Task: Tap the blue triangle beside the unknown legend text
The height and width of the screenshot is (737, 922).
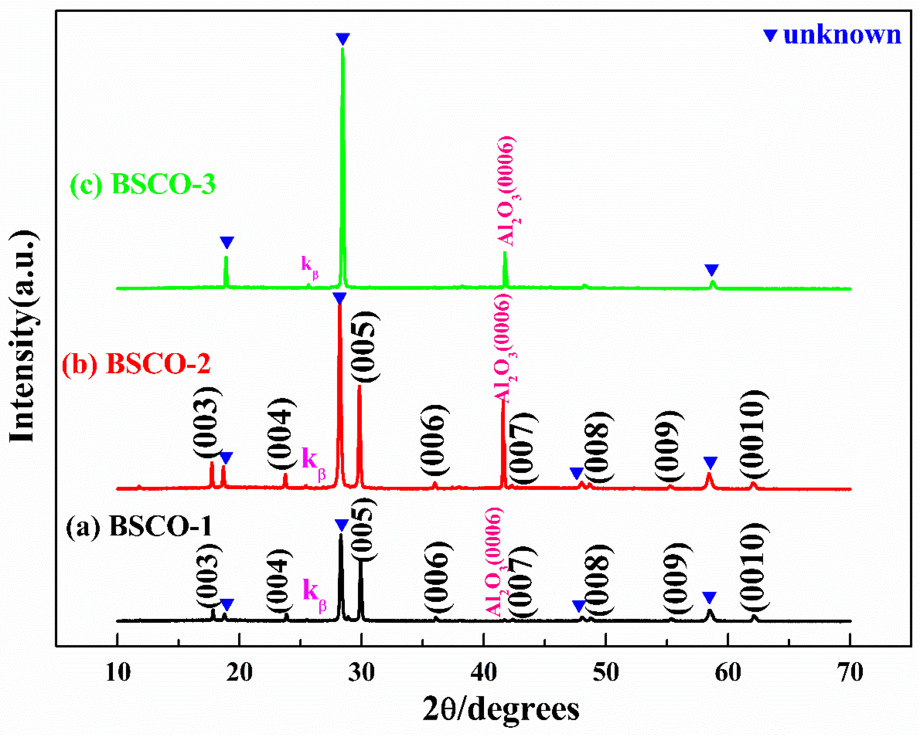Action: pos(770,35)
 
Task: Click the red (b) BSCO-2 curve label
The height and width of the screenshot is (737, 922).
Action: pos(136,364)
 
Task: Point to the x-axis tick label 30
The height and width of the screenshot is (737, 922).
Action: pos(361,673)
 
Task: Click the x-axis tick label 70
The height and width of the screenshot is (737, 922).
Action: pos(849,673)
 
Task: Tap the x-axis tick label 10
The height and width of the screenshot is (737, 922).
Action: pos(118,673)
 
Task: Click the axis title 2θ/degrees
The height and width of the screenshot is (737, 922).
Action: pos(501,709)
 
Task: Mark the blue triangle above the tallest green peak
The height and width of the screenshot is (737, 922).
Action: pos(343,39)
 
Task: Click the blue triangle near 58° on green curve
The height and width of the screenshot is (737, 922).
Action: pos(711,270)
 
